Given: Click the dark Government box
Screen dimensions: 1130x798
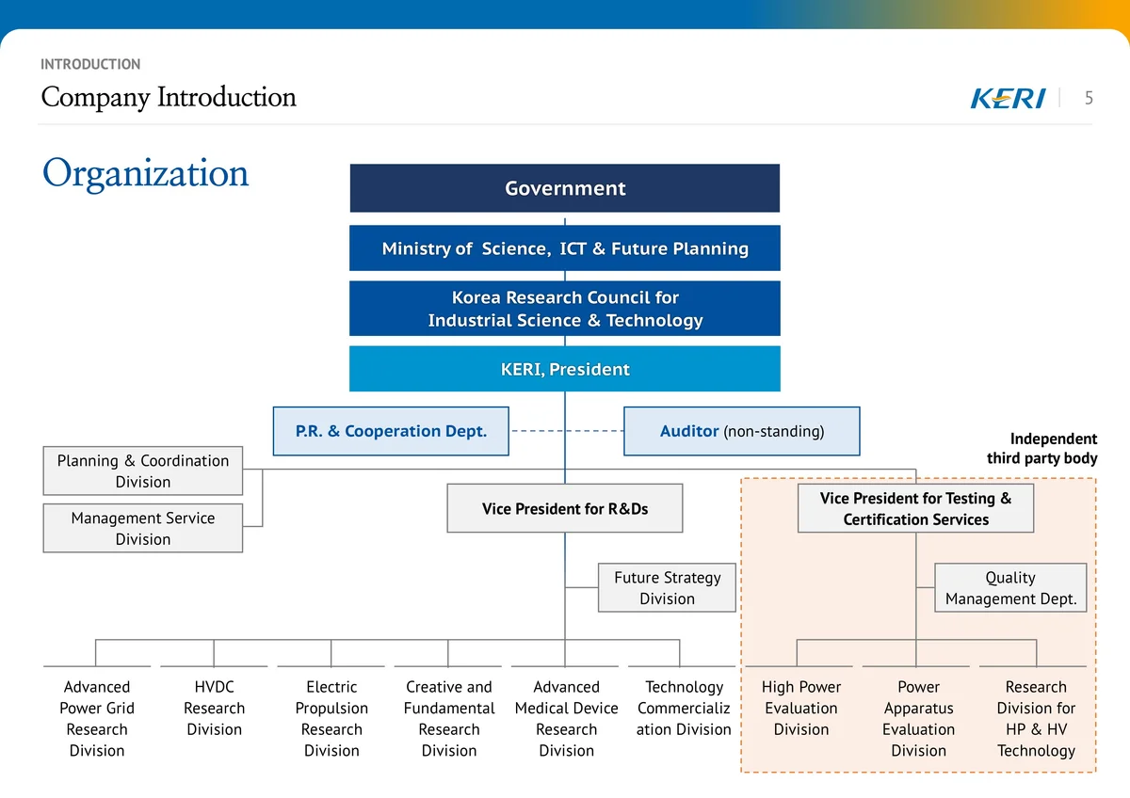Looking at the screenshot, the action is [x=564, y=187].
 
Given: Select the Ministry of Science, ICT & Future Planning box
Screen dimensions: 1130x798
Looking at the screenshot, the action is [x=564, y=248].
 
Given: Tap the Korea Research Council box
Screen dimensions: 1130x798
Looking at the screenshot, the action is [x=564, y=308].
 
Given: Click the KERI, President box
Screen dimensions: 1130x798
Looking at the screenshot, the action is [x=564, y=369].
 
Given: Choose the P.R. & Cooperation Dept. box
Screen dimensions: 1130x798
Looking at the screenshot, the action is [x=391, y=431].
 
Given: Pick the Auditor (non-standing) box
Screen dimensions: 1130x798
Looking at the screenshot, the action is [x=742, y=431].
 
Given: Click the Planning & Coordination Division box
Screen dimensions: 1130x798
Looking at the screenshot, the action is [x=143, y=471].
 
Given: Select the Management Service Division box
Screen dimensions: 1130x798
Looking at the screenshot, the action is [x=143, y=528].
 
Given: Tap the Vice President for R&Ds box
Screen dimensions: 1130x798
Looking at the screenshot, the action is [x=564, y=508].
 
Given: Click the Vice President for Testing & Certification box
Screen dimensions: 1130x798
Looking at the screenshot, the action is [x=915, y=508].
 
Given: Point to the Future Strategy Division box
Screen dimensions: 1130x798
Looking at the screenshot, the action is [x=667, y=587].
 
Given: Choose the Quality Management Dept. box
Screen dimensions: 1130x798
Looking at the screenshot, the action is [x=1010, y=587].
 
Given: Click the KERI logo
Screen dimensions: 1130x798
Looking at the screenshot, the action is [x=1008, y=98].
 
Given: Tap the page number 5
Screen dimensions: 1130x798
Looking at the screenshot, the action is [x=1089, y=98].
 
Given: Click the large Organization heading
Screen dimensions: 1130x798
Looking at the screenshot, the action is [x=145, y=173].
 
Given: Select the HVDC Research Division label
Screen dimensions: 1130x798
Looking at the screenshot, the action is [x=214, y=708].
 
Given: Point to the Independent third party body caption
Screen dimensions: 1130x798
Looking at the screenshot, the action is [x=1041, y=448].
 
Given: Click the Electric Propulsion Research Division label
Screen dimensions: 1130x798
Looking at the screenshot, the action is [x=331, y=718].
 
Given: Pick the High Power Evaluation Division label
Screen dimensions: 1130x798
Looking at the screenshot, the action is [x=801, y=708].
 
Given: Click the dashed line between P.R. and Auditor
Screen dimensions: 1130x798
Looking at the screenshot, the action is [x=567, y=431].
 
